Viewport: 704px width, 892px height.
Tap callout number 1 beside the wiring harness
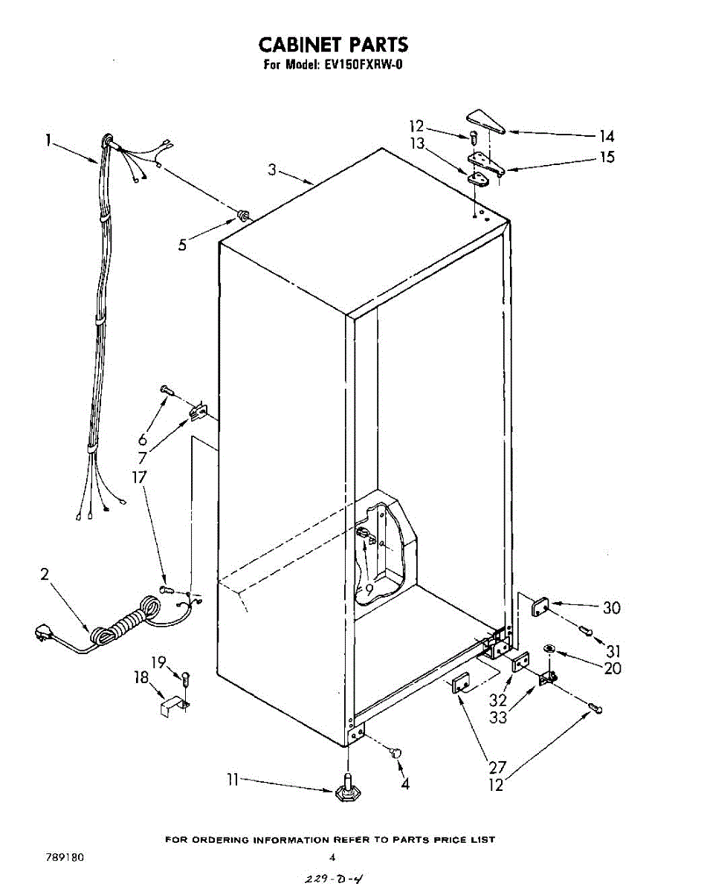tap(49, 139)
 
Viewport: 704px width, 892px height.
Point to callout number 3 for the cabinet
tap(273, 170)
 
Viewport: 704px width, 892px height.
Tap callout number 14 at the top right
tap(607, 136)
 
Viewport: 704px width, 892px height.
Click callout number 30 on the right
tap(611, 608)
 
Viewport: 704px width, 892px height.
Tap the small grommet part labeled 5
tap(242, 216)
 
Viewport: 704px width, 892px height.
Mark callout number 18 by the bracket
tap(141, 678)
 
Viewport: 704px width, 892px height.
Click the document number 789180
tap(65, 857)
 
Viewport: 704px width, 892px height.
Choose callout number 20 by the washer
tap(613, 668)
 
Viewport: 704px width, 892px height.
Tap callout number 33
tap(498, 717)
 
